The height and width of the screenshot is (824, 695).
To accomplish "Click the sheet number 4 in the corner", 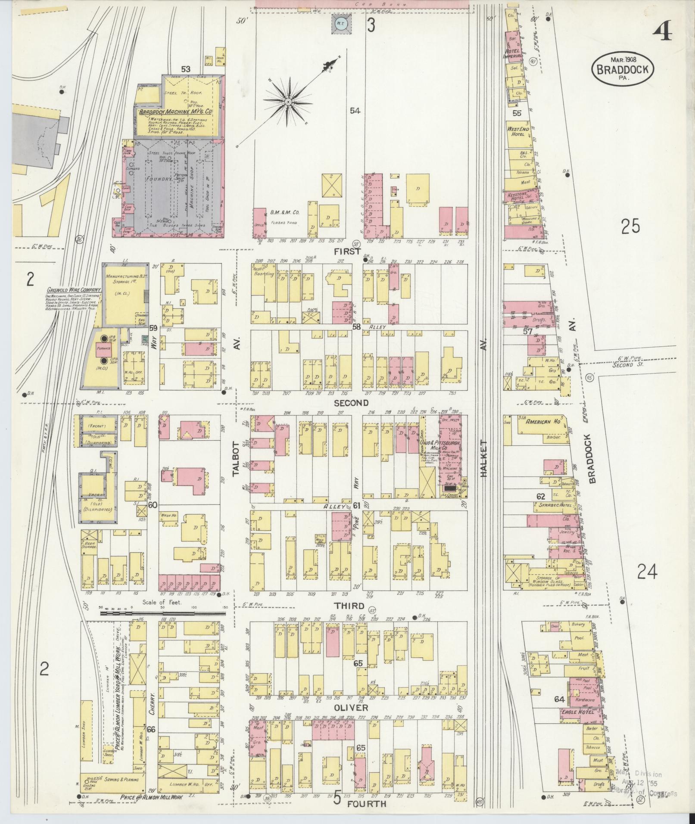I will pyautogui.click(x=662, y=31).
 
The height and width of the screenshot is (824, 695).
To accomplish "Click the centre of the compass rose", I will pyautogui.click(x=288, y=102).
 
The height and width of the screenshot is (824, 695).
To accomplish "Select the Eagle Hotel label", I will pyautogui.click(x=578, y=712).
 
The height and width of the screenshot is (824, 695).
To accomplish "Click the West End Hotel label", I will pyautogui.click(x=515, y=131).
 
